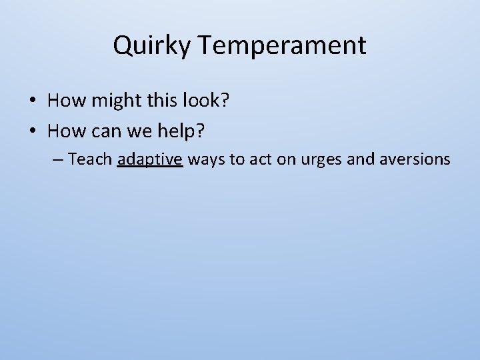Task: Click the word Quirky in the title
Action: click(x=153, y=46)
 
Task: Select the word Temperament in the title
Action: click(x=282, y=46)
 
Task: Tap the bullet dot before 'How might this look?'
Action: click(x=33, y=101)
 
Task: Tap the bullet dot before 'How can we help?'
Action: click(x=33, y=131)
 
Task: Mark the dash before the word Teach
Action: click(x=59, y=160)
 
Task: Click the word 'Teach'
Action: click(x=90, y=159)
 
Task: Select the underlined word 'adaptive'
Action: click(x=149, y=159)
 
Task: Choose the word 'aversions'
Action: click(x=418, y=159)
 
